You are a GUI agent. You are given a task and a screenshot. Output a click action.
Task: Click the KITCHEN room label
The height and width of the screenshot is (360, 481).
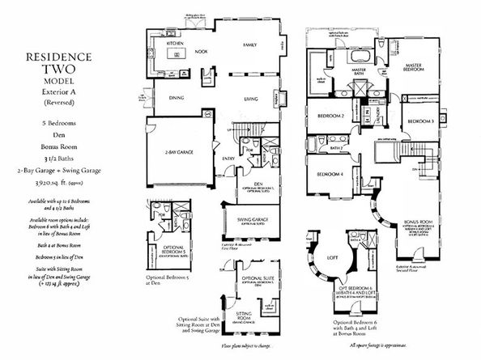(x=177, y=43)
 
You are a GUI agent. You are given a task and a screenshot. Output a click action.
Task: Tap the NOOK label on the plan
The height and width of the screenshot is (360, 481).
(x=200, y=52)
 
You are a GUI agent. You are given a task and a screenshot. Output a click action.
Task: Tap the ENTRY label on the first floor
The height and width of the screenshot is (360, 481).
(x=228, y=159)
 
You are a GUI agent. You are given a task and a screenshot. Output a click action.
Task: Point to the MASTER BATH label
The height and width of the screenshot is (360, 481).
(x=360, y=71)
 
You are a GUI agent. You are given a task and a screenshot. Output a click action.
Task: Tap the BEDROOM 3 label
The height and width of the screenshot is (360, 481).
(x=421, y=121)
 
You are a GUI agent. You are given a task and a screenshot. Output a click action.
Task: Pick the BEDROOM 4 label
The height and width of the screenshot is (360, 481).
(x=328, y=175)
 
